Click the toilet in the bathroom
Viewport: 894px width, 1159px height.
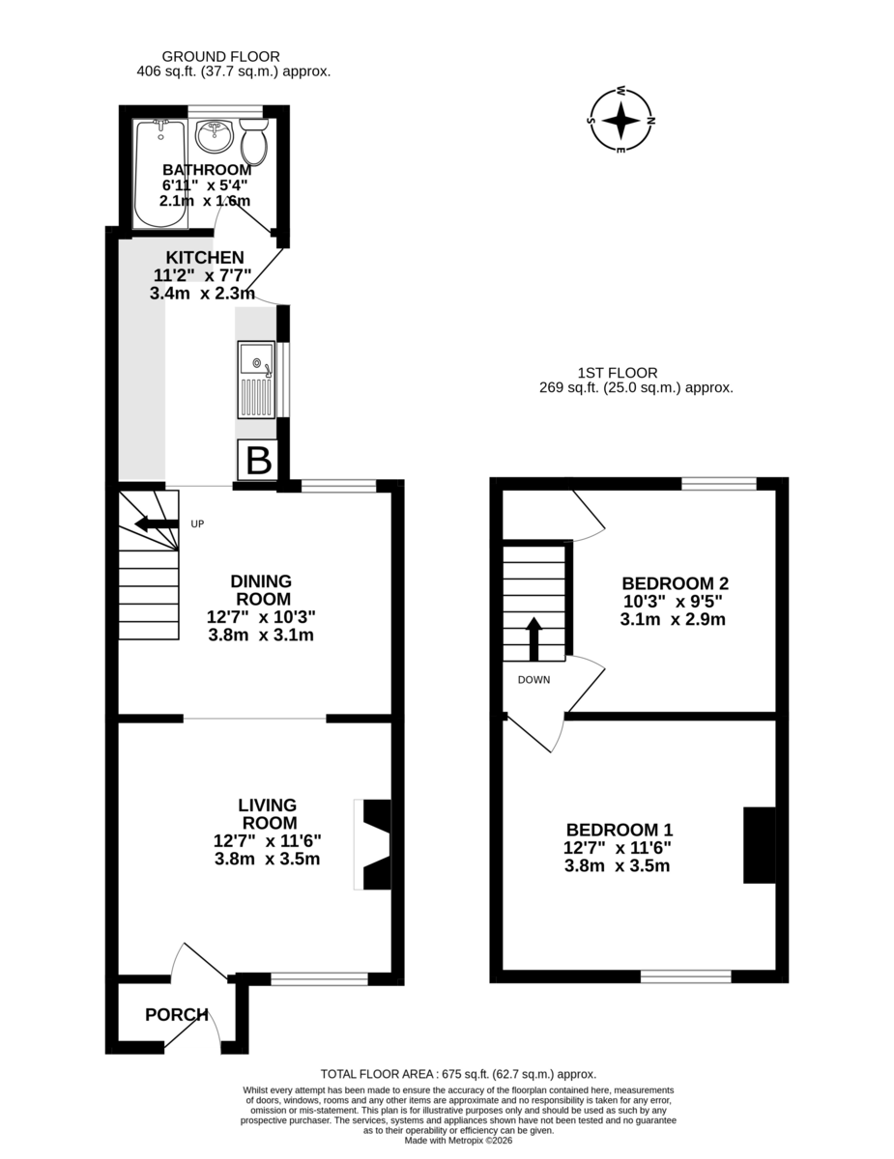pyautogui.click(x=254, y=141)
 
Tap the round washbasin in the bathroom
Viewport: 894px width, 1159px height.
pyautogui.click(x=214, y=135)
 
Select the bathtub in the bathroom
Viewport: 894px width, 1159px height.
pyautogui.click(x=160, y=174)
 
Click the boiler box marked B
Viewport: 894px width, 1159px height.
pyautogui.click(x=258, y=460)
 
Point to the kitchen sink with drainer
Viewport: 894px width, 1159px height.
pyautogui.click(x=256, y=380)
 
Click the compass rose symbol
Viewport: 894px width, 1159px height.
pyautogui.click(x=621, y=121)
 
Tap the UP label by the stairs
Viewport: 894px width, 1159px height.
pyautogui.click(x=197, y=524)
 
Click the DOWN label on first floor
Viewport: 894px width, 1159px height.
pyautogui.click(x=534, y=680)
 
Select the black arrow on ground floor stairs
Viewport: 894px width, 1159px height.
pyautogui.click(x=157, y=523)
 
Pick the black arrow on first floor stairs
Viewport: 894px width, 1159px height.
pyautogui.click(x=534, y=639)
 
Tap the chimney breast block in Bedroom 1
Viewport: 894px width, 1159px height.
pyautogui.click(x=759, y=845)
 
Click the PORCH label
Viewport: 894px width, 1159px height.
pyautogui.click(x=177, y=1014)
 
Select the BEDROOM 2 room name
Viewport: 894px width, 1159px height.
pyautogui.click(x=676, y=583)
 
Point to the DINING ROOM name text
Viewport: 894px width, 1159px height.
pyautogui.click(x=261, y=589)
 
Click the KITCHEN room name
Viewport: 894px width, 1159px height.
pyautogui.click(x=205, y=258)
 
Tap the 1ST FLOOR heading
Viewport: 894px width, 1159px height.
pyautogui.click(x=618, y=373)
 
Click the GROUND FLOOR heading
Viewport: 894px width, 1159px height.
pyautogui.click(x=221, y=57)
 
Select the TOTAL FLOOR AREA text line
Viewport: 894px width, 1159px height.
pyautogui.click(x=458, y=1074)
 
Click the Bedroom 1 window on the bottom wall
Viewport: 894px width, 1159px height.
pyautogui.click(x=686, y=976)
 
